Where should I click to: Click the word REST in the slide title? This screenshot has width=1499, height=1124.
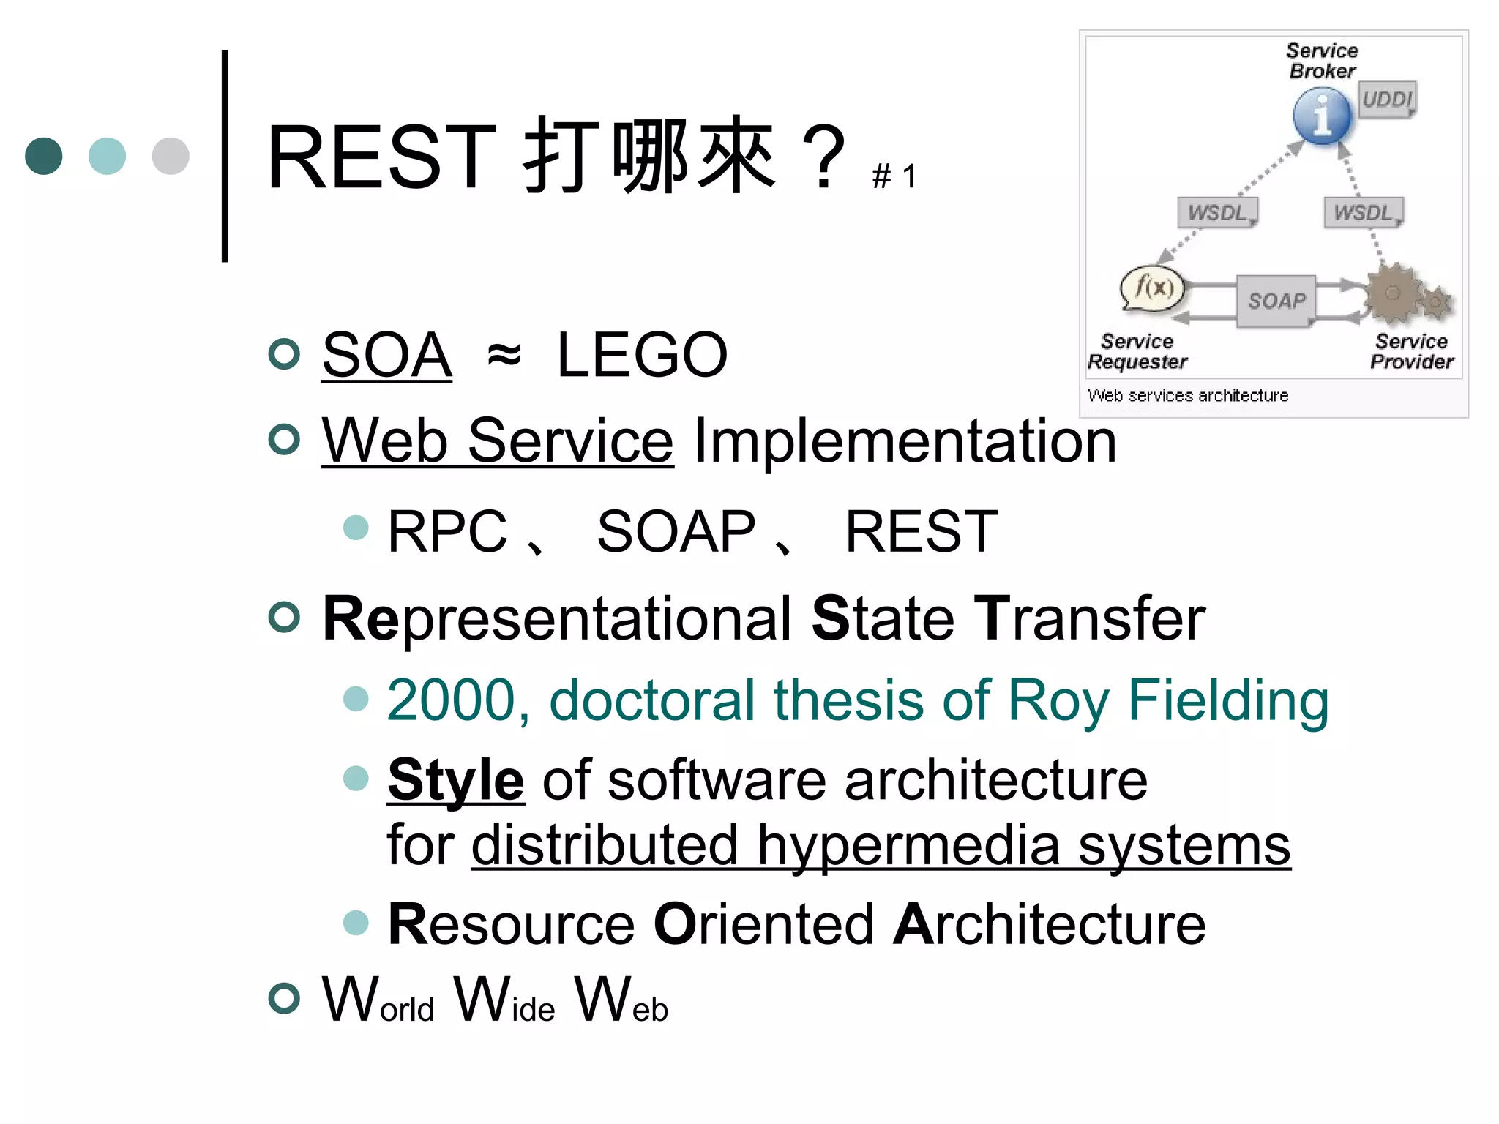381,157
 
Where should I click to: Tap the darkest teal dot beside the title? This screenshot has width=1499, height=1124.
44,156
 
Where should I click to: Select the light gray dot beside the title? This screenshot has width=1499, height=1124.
171,156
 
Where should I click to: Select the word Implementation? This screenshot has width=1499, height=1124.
905,441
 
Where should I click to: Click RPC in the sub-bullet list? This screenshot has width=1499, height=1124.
447,531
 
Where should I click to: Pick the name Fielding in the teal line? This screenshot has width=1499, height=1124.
1228,701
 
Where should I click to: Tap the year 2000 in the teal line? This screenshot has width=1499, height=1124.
452,701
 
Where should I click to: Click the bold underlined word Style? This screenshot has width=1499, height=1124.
455,781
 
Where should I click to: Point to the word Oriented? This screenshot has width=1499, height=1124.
763,924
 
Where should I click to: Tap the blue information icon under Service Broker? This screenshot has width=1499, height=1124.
1322,116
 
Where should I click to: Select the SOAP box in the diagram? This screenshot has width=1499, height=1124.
1276,301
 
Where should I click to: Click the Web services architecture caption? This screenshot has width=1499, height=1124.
1188,396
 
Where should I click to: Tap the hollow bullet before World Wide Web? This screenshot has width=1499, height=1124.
284,999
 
